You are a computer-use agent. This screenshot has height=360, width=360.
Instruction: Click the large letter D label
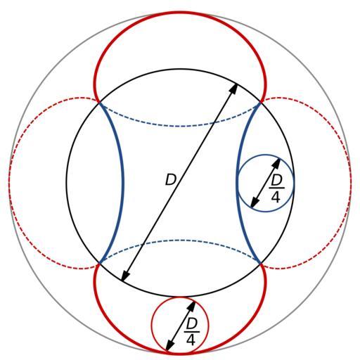click(x=170, y=180)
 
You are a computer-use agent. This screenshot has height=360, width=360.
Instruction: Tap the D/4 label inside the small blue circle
click(x=276, y=189)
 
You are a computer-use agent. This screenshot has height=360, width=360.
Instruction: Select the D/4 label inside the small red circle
click(x=192, y=333)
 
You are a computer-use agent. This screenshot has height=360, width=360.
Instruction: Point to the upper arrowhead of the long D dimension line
click(x=234, y=89)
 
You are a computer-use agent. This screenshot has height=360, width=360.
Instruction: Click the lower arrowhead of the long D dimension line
click(x=125, y=276)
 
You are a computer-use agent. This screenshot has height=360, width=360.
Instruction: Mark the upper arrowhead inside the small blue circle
click(x=277, y=163)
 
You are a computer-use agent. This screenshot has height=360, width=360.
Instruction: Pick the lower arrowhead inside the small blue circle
click(x=255, y=202)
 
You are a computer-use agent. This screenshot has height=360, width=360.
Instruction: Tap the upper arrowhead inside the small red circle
click(x=192, y=306)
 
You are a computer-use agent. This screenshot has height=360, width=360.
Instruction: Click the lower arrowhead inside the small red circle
click(x=169, y=346)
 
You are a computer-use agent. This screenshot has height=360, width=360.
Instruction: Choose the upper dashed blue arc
click(x=180, y=127)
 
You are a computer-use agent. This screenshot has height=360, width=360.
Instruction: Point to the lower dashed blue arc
click(x=180, y=240)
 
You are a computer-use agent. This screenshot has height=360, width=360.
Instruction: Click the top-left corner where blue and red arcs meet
click(x=99, y=102)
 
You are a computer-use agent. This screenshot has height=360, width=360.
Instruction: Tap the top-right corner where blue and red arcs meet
click(x=261, y=102)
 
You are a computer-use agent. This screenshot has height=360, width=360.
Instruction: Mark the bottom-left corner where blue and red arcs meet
click(x=99, y=264)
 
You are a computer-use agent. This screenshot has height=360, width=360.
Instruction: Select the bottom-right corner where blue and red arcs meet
click(x=261, y=264)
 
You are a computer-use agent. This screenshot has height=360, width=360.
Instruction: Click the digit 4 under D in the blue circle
click(x=276, y=198)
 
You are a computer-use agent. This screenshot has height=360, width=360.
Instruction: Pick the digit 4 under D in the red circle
click(x=191, y=340)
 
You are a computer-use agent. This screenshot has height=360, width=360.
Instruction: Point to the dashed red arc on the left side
click(x=9, y=183)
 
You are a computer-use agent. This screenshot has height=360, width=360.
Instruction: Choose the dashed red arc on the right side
click(x=351, y=183)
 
